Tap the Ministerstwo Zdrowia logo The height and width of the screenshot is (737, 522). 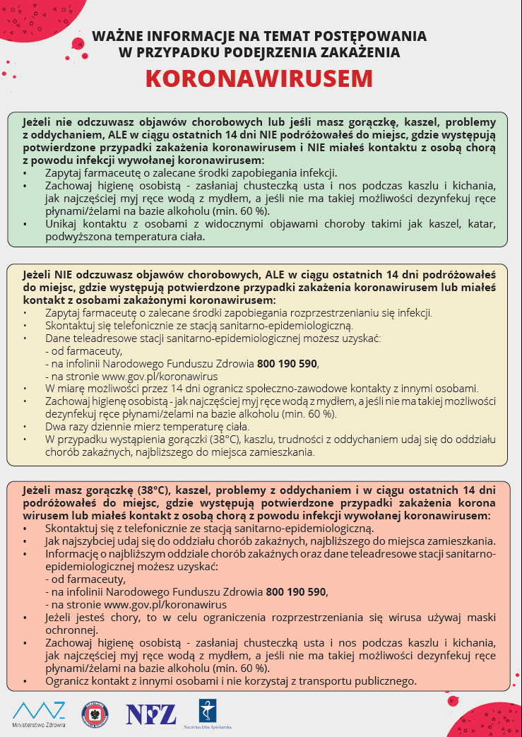click(39, 714)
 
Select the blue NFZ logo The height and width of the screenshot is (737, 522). click(151, 714)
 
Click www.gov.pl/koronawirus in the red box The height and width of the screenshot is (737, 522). click(136, 605)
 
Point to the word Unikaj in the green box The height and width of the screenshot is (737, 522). click(61, 224)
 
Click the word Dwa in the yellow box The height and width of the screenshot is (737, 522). click(56, 427)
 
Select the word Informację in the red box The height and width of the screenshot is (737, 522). click(71, 553)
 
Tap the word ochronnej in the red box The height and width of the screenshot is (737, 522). click(70, 630)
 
